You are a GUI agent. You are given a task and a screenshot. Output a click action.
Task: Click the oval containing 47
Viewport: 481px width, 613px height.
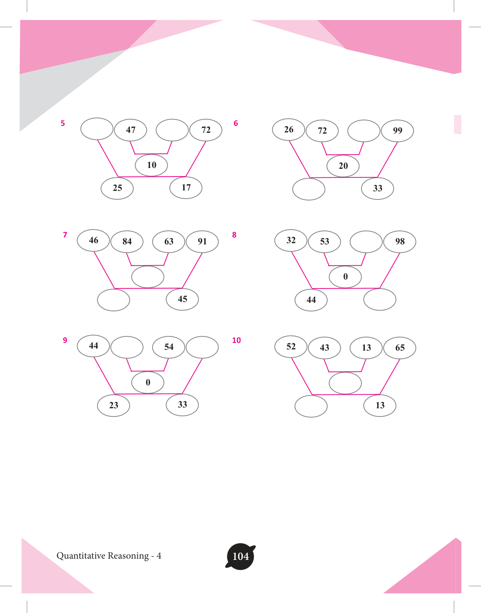coord(130,130)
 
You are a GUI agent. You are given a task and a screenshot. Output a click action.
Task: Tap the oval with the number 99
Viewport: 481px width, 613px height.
coord(398,131)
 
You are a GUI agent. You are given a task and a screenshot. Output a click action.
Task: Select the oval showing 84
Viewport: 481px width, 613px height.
coord(127,242)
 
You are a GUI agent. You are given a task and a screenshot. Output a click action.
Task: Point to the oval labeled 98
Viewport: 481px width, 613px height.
coord(400,242)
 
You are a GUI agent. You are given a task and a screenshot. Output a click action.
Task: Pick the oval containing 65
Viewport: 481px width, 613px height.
coord(400,348)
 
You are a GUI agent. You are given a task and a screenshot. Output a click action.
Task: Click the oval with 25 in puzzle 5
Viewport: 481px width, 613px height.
coord(117,188)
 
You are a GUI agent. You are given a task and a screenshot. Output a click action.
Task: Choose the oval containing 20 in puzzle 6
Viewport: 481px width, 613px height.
coord(343,166)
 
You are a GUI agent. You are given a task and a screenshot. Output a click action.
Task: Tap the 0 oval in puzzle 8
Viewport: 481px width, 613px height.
coord(345,277)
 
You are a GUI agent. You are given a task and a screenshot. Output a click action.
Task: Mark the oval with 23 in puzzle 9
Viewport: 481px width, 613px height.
coord(113,406)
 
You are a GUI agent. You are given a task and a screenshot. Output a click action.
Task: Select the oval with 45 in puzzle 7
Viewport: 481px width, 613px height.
coord(182,299)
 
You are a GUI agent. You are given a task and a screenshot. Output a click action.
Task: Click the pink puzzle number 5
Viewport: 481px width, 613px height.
coord(63,123)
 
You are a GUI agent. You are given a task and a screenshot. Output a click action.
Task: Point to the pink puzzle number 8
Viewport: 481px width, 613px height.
coord(234,235)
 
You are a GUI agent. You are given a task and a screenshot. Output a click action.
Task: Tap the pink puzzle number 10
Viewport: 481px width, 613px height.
coord(236,340)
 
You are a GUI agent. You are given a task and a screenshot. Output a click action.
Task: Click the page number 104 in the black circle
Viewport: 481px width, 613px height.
coord(241,556)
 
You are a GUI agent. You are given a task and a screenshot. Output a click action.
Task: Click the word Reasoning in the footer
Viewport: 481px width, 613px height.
coord(128,556)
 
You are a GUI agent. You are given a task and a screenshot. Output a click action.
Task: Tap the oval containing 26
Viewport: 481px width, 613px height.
coord(288,130)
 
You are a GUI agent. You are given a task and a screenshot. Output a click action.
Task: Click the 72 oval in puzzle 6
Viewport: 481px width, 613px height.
coord(322,131)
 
